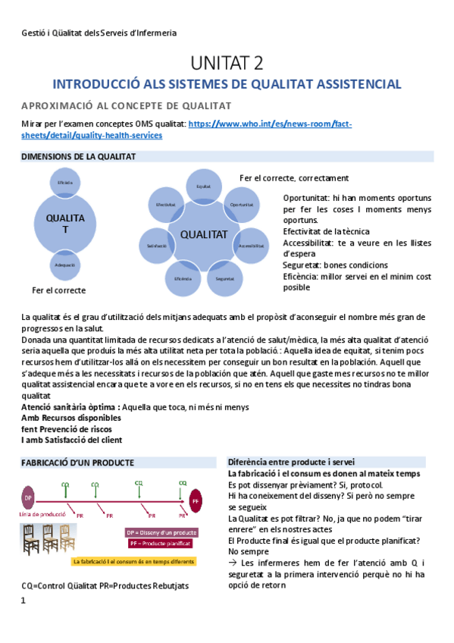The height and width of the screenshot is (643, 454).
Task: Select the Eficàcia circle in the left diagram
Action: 64,183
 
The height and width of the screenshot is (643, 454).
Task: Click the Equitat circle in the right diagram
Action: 203,186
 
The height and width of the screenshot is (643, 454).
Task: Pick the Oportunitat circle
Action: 241,205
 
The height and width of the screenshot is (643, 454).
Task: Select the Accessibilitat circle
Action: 250,246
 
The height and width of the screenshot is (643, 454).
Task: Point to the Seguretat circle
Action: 224,278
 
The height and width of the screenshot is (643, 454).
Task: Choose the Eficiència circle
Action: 182,278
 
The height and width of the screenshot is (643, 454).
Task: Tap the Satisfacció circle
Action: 156,246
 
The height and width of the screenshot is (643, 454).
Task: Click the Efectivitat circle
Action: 165,205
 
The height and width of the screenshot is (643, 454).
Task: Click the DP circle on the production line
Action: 28,497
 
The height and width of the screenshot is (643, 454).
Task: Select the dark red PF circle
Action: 196,500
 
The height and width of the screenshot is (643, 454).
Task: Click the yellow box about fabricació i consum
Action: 133,561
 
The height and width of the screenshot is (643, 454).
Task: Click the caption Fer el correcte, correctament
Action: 293,178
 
